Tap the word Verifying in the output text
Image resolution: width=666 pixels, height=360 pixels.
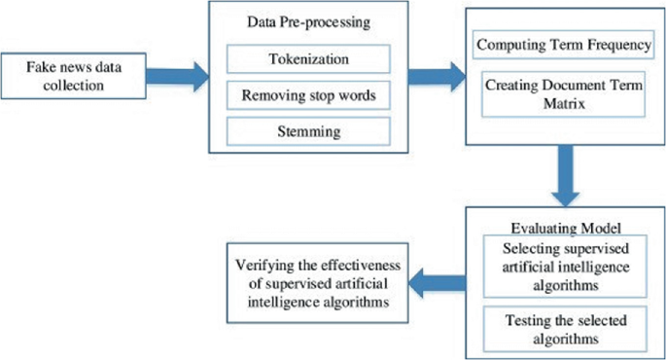point(262,265)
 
